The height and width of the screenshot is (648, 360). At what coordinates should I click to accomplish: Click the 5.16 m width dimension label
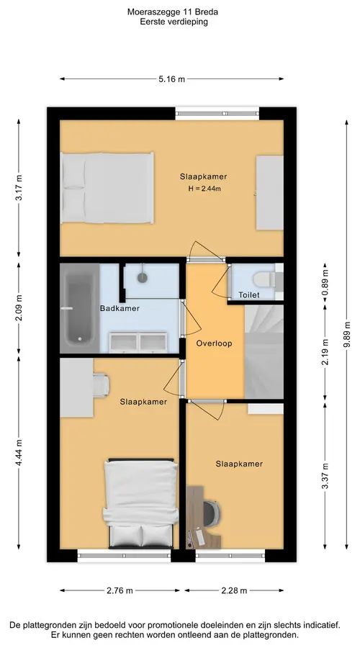pos(171,79)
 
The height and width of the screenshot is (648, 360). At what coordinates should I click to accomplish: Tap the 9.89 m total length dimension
pos(346,335)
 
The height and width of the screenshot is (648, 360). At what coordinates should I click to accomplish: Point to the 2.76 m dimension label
pos(120,590)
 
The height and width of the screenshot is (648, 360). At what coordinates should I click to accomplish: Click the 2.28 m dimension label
pos(234,590)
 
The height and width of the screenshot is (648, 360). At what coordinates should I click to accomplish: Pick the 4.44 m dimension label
pos(19,453)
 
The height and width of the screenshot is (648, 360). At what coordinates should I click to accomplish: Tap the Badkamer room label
pos(120,308)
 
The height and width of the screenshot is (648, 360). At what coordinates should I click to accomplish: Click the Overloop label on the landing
pos(214,343)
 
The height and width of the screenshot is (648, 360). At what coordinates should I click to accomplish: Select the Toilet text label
pos(249,295)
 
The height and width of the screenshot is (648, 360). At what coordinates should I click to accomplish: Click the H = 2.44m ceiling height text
pos(204,189)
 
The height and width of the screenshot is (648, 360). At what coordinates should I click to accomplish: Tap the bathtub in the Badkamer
pos(79,308)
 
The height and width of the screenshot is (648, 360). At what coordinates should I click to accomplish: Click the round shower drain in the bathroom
pos(143,277)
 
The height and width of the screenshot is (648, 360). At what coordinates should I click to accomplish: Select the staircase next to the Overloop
pos(264,351)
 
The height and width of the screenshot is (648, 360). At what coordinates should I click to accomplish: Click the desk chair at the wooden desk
pos(211,513)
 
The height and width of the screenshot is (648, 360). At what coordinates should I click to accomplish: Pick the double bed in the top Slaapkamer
pos(107,188)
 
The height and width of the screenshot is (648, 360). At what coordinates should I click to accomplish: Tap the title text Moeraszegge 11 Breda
pos(173,12)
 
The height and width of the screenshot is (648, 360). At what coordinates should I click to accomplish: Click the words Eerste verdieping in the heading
pos(174,22)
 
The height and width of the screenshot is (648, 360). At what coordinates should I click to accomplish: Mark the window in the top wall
pos(217,114)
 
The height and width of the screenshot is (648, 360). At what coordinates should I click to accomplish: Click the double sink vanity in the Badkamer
pos(138,343)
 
